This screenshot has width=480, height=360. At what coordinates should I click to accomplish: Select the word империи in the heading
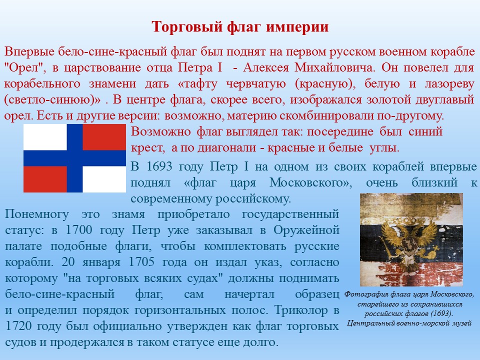(x=297, y=27)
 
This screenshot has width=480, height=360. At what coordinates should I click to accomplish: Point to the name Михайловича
(x=334, y=67)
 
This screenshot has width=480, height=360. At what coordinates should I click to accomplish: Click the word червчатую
(x=256, y=83)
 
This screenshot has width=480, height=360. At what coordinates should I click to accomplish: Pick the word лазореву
(x=449, y=84)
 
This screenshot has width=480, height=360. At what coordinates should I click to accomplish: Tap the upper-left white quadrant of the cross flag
(x=45, y=137)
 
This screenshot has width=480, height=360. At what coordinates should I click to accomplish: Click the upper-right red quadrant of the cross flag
(x=104, y=137)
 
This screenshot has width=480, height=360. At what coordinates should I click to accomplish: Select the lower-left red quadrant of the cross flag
(x=45, y=179)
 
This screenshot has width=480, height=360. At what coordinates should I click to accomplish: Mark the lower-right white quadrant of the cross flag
(x=104, y=179)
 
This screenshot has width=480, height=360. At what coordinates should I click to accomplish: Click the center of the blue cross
(x=74, y=158)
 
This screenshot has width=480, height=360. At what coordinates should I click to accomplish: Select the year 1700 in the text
(x=79, y=230)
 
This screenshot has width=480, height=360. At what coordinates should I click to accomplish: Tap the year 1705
(x=141, y=262)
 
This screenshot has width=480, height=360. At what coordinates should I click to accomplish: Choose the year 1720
(x=18, y=325)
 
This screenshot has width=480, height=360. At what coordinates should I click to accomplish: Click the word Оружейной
(x=306, y=230)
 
